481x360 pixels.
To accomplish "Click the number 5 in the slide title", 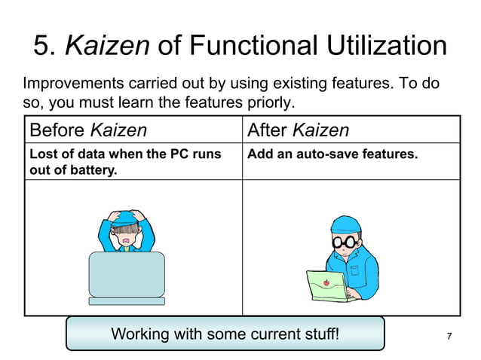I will (x=43, y=47).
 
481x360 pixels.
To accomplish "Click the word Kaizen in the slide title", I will (x=107, y=47).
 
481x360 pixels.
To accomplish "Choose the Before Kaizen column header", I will (x=88, y=130).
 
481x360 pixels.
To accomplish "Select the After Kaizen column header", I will (x=299, y=130).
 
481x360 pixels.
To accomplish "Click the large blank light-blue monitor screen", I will (x=127, y=273).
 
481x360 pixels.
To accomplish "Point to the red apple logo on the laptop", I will (x=326, y=283).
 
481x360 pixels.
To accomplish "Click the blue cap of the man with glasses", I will (x=346, y=224).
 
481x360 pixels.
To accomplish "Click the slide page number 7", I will (x=449, y=336).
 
